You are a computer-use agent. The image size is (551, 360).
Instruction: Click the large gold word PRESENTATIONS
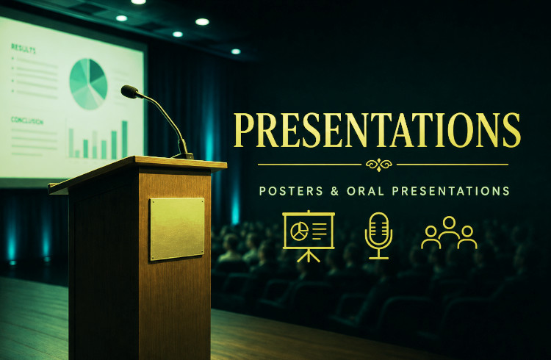point(377,130)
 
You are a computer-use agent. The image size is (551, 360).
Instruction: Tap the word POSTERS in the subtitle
point(291,191)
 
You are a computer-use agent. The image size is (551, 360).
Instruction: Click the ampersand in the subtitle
point(335,191)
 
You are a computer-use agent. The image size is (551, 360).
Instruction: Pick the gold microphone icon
point(378,236)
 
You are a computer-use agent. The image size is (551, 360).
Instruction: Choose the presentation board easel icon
point(309,237)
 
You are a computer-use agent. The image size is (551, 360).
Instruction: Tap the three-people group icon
point(449,233)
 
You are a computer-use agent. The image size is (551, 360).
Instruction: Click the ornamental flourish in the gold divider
point(379,164)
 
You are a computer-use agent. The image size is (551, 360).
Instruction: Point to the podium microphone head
point(129,91)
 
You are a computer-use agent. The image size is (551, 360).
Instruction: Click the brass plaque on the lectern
point(177,229)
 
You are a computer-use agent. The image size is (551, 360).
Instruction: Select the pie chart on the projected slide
point(88,84)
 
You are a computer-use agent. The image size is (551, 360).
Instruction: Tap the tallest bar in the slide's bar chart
point(125,139)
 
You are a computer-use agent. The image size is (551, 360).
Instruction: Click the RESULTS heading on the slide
point(24,48)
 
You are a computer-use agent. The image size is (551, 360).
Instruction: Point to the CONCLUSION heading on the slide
point(26,120)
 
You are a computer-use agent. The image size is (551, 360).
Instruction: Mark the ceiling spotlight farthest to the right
point(236,51)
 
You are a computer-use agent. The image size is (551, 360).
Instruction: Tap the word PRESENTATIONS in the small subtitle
point(451,191)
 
